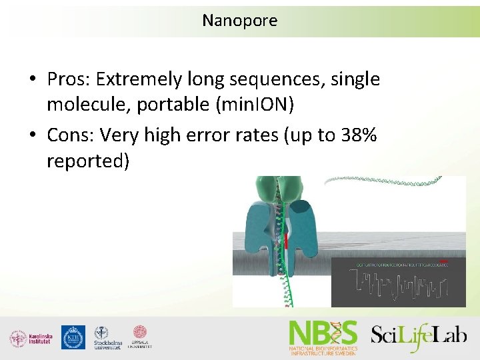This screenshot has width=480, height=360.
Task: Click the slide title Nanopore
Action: click(239, 21)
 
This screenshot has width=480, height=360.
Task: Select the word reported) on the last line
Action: click(87, 161)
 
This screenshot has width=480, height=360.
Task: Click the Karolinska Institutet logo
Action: click(31, 338)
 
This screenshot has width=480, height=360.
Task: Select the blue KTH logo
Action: click(73, 337)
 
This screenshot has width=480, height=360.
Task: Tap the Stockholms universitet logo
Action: click(107, 338)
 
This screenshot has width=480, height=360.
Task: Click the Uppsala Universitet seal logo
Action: click(141, 337)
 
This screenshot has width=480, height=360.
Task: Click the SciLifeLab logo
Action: click(419, 335)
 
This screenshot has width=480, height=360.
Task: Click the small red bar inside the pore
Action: click(286, 241)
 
